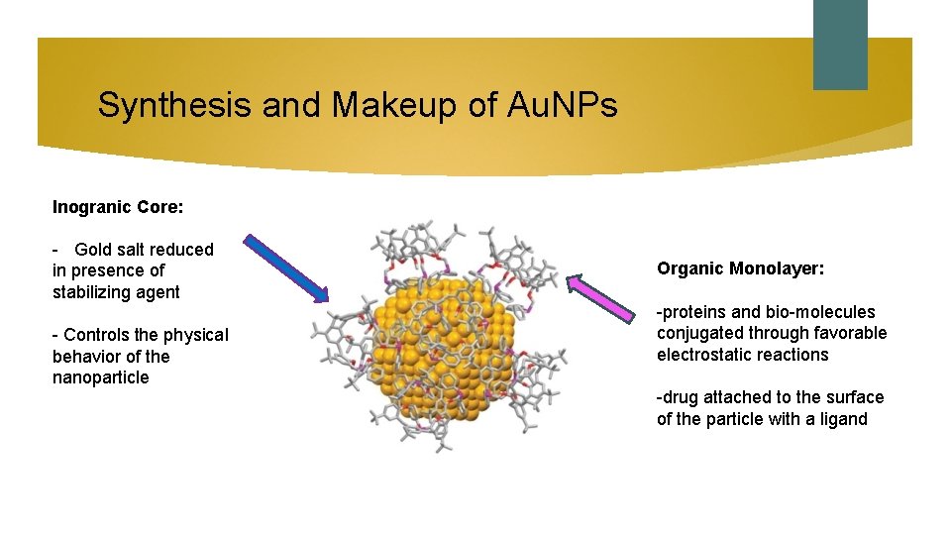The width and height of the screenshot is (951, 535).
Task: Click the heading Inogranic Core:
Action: (118, 208)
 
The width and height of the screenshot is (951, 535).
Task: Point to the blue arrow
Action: (286, 267)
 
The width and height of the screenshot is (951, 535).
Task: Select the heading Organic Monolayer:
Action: (740, 268)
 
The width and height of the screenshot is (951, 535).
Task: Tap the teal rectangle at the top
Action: (840, 44)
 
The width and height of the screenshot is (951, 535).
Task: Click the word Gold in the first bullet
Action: (93, 250)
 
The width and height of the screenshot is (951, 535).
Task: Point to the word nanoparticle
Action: (100, 377)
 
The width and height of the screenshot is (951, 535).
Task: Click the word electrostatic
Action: (704, 355)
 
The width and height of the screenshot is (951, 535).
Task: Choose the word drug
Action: (681, 397)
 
